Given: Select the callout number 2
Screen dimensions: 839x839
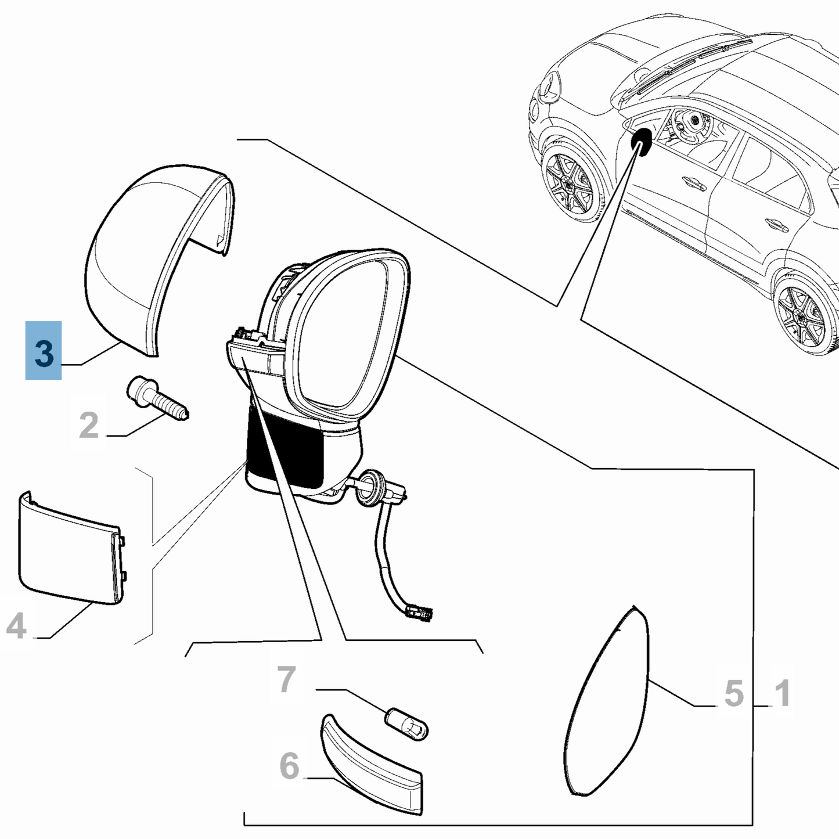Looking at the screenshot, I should (89, 426).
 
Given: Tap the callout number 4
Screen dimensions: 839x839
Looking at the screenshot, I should (17, 627).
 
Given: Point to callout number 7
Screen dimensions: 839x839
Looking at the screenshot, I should (286, 679).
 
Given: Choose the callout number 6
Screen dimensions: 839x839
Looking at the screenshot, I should (289, 766).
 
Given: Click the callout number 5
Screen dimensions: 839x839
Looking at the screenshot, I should (734, 693).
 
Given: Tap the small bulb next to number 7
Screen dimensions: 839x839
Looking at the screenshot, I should (408, 722).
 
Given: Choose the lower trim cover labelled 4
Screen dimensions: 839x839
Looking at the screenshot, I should (70, 549).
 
